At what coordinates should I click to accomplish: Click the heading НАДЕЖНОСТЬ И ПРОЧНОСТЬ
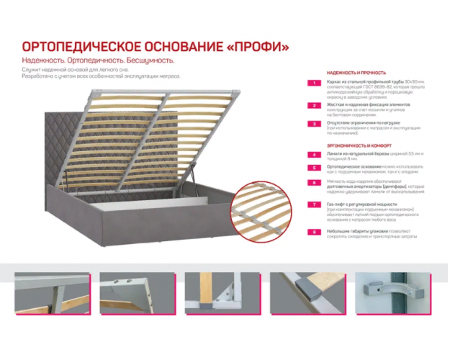(x=356, y=73)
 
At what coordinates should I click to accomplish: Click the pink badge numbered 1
(x=314, y=84)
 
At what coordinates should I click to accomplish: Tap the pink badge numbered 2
(x=314, y=105)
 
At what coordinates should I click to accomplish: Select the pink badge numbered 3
(x=314, y=124)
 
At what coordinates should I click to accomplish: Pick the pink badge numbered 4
(x=314, y=155)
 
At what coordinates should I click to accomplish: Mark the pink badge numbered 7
(x=314, y=205)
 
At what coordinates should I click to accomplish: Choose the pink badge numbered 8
(x=314, y=232)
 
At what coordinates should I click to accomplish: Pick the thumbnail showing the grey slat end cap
(x=310, y=293)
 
